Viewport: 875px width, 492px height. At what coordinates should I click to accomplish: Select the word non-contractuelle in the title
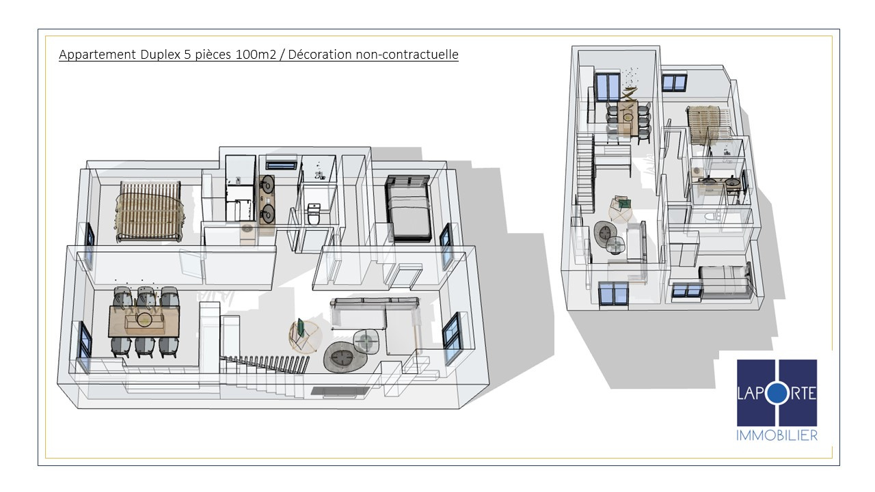[407, 54]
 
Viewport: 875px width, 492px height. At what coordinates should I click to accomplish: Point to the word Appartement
[97, 55]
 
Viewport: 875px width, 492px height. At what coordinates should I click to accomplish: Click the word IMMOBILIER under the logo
[777, 435]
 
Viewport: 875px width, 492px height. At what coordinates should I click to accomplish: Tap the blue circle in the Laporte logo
[777, 394]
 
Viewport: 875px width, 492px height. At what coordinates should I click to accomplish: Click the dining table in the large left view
[144, 321]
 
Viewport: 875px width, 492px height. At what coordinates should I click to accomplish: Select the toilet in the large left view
[313, 215]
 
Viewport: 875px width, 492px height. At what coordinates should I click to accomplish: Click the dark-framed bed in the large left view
[409, 208]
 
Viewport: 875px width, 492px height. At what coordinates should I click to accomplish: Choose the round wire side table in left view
[306, 337]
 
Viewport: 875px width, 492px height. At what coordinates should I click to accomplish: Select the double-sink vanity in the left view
[267, 200]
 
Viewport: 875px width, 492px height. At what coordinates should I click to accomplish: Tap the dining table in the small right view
[628, 118]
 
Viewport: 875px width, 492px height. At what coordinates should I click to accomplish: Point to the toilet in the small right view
[710, 215]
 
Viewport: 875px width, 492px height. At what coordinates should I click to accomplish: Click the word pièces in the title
[213, 55]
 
